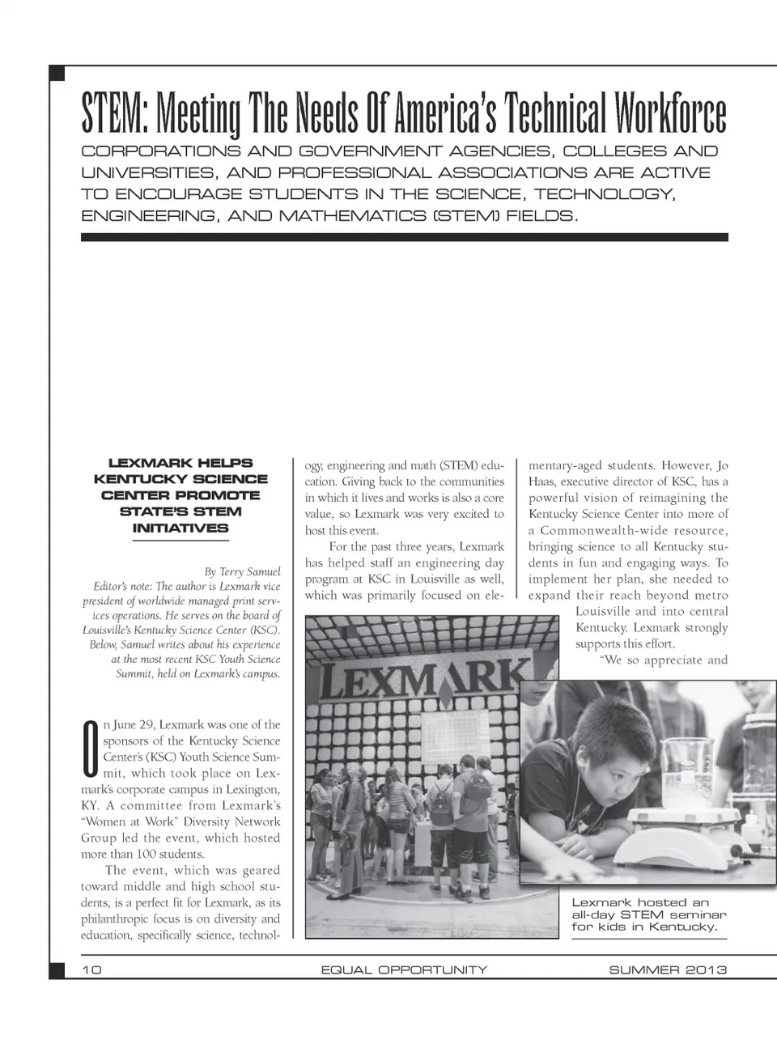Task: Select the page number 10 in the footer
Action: tap(91, 970)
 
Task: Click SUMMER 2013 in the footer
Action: tap(668, 970)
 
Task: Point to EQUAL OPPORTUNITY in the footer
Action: tap(404, 970)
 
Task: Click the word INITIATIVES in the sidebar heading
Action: tap(180, 528)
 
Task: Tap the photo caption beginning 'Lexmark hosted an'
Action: tap(644, 915)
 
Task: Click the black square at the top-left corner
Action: tap(57, 74)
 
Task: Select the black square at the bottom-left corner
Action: tap(57, 970)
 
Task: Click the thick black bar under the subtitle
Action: tap(404, 237)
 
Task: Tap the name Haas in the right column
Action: tap(541, 482)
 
